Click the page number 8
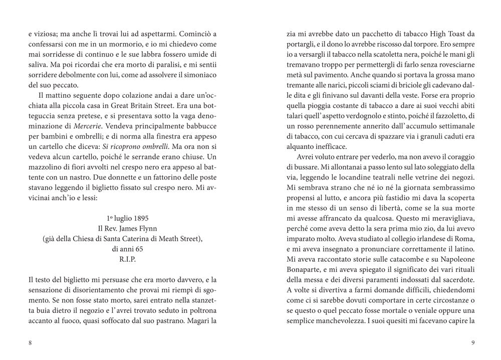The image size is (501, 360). pyautogui.click(x=31, y=343)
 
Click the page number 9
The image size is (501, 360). pyautogui.click(x=473, y=343)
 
